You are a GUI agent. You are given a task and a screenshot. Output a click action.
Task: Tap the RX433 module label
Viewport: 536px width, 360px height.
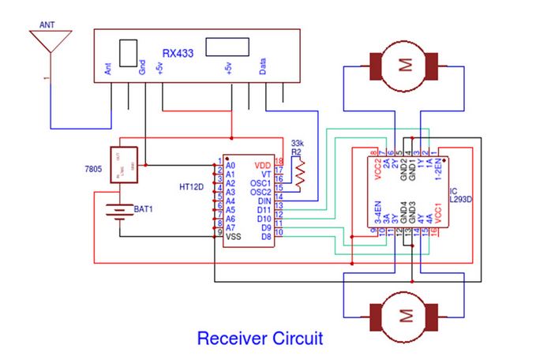tap(178, 54)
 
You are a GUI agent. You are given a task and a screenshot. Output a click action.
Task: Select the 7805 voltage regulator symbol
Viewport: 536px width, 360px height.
tap(122, 164)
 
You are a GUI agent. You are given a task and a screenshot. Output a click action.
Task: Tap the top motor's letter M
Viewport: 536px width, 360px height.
tap(406, 66)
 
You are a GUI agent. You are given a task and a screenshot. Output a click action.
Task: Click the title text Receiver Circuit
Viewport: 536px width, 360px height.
tap(260, 339)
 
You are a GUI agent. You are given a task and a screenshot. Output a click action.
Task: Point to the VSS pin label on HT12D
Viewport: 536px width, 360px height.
tap(233, 236)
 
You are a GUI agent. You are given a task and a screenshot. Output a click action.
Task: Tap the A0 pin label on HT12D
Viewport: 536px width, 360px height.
tap(231, 165)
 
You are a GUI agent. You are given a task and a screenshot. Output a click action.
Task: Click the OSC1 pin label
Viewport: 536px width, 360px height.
tap(261, 182)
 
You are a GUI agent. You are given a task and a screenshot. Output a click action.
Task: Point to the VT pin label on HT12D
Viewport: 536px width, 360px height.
tap(266, 174)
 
